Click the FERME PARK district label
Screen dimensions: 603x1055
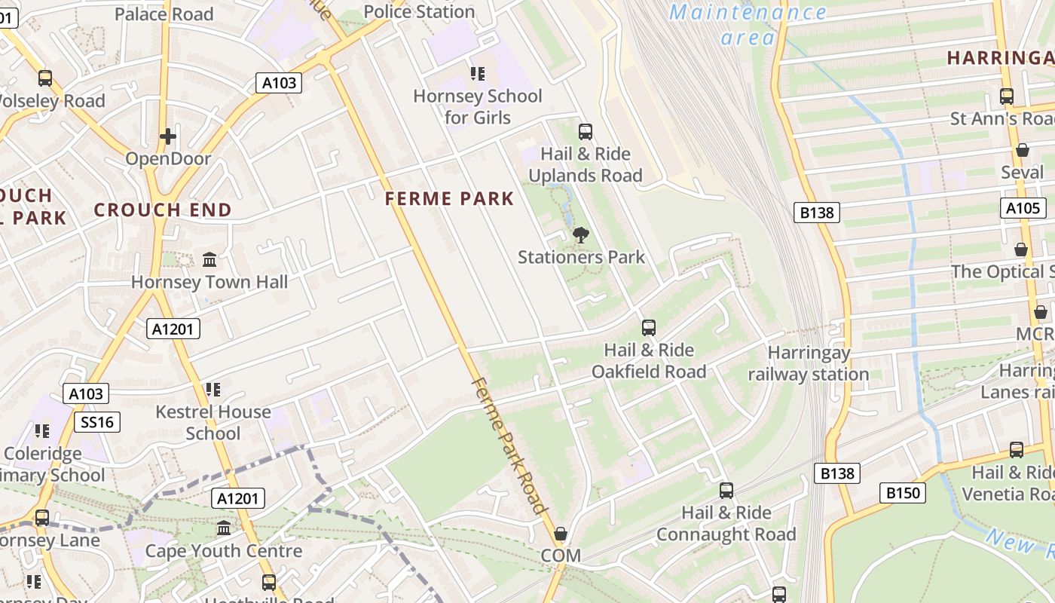pos(449,199)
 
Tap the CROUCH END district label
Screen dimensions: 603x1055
pos(163,210)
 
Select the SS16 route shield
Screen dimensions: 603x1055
pos(98,421)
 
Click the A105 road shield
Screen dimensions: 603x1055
pos(1023,208)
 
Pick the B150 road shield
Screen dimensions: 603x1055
pos(902,493)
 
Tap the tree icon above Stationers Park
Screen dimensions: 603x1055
pos(580,235)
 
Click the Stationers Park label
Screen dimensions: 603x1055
pos(581,257)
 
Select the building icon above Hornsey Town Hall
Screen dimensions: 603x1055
pos(209,260)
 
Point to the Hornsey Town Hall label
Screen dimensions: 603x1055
pos(209,282)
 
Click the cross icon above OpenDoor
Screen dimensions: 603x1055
pos(168,136)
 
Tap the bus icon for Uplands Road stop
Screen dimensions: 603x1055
pos(586,132)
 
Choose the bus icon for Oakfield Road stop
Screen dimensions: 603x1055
pos(649,328)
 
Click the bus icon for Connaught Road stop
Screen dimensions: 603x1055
pos(726,491)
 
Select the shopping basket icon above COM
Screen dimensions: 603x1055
pos(561,534)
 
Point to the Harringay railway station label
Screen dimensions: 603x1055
pos(809,363)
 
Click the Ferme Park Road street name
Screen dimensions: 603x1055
pos(509,445)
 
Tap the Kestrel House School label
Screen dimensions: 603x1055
pos(213,422)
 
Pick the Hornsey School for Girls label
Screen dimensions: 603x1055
pos(478,106)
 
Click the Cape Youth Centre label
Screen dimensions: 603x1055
pos(224,551)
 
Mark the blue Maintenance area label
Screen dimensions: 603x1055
pos(748,24)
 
